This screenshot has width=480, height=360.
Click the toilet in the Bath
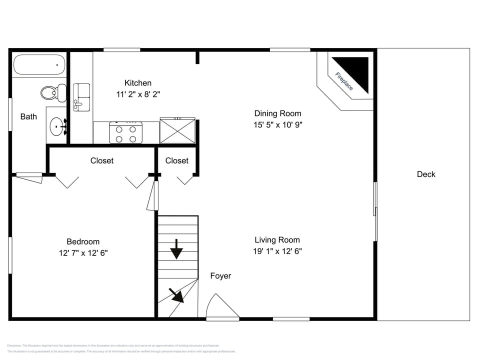pos(52,92)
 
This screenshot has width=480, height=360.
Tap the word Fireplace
pos(344,81)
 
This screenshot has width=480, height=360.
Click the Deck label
pos(426,174)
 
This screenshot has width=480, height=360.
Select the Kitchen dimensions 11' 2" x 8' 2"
pos(138,93)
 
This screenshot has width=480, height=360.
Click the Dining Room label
pos(277,113)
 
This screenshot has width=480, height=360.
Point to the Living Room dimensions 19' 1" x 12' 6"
pos(277,251)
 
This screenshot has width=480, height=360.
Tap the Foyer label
pos(220,276)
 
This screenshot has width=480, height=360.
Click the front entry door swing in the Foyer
pos(220,306)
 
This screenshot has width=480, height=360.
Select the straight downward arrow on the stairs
pos(176,249)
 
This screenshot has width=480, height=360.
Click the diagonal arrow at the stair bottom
pos(176,295)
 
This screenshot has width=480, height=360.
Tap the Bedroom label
pos(83,241)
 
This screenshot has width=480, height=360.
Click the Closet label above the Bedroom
pos(102,160)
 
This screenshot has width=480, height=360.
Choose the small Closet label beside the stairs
pos(177,160)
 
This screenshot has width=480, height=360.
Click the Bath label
pos(28,116)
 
